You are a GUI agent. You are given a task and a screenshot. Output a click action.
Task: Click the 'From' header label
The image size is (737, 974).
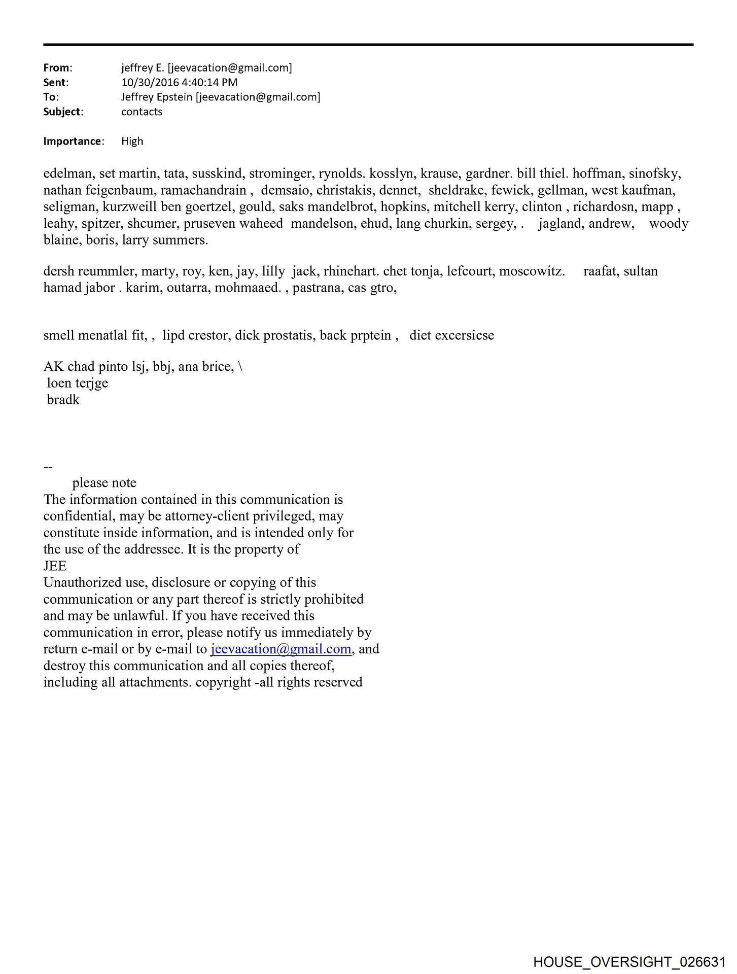(x=57, y=68)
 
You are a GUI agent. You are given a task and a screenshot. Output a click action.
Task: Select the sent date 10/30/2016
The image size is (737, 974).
(x=147, y=83)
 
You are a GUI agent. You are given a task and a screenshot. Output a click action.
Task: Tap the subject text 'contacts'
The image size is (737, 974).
(x=142, y=112)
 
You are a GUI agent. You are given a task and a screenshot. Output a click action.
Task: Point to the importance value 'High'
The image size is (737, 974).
(x=132, y=142)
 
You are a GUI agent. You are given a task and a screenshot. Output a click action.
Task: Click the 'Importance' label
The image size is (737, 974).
(x=73, y=142)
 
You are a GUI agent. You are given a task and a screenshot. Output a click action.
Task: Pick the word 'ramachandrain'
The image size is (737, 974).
(x=203, y=191)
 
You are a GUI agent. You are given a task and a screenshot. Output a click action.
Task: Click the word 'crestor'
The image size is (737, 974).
(x=208, y=336)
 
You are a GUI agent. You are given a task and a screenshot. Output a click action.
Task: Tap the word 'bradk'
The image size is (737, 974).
(x=63, y=400)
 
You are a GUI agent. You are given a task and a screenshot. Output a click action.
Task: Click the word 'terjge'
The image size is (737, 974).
(x=92, y=384)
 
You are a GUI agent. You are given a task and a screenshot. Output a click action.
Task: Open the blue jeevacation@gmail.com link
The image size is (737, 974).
(x=280, y=649)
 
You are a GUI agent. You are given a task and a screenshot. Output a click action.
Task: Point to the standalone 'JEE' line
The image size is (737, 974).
(x=55, y=566)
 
